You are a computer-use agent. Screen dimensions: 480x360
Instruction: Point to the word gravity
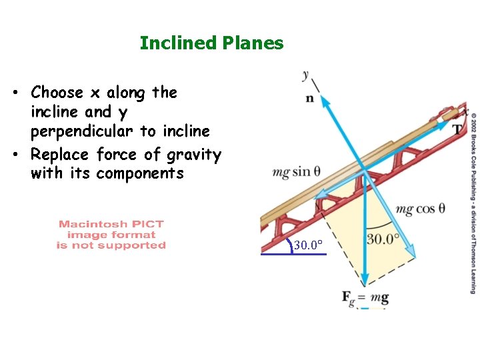click(193, 155)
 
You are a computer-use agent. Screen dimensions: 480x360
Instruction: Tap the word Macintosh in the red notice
click(91, 225)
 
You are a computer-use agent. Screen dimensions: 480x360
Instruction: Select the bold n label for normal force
click(309, 99)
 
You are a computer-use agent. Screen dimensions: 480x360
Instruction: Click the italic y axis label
click(305, 74)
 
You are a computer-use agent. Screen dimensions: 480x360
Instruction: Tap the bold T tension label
click(457, 129)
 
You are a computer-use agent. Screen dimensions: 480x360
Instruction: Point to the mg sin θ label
click(291, 172)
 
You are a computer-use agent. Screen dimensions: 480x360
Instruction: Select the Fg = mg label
click(365, 297)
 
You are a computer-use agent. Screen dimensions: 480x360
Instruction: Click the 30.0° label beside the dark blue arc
click(308, 246)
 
